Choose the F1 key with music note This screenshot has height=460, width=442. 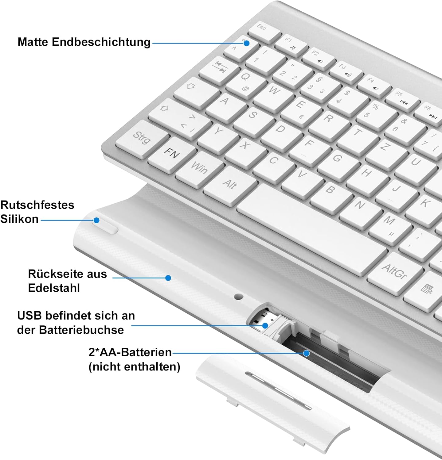click(x=291, y=45)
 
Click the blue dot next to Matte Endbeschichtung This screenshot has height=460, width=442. click(x=246, y=43)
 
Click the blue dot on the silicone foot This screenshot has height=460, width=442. click(x=96, y=220)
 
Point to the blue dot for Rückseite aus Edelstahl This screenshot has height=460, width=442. click(x=168, y=278)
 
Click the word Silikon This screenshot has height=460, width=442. click(x=19, y=219)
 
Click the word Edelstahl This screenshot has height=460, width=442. click(x=54, y=288)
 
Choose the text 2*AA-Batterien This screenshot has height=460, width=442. click(x=130, y=352)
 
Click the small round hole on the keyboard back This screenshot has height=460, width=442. click(x=239, y=297)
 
